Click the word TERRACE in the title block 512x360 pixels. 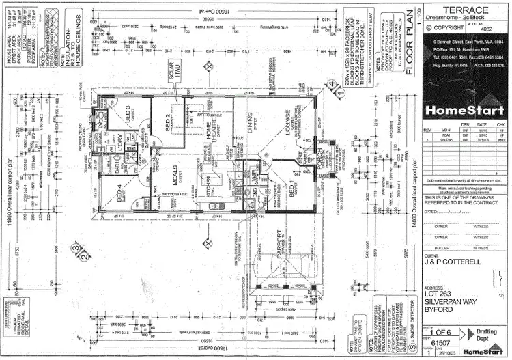click(x=466, y=10)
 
